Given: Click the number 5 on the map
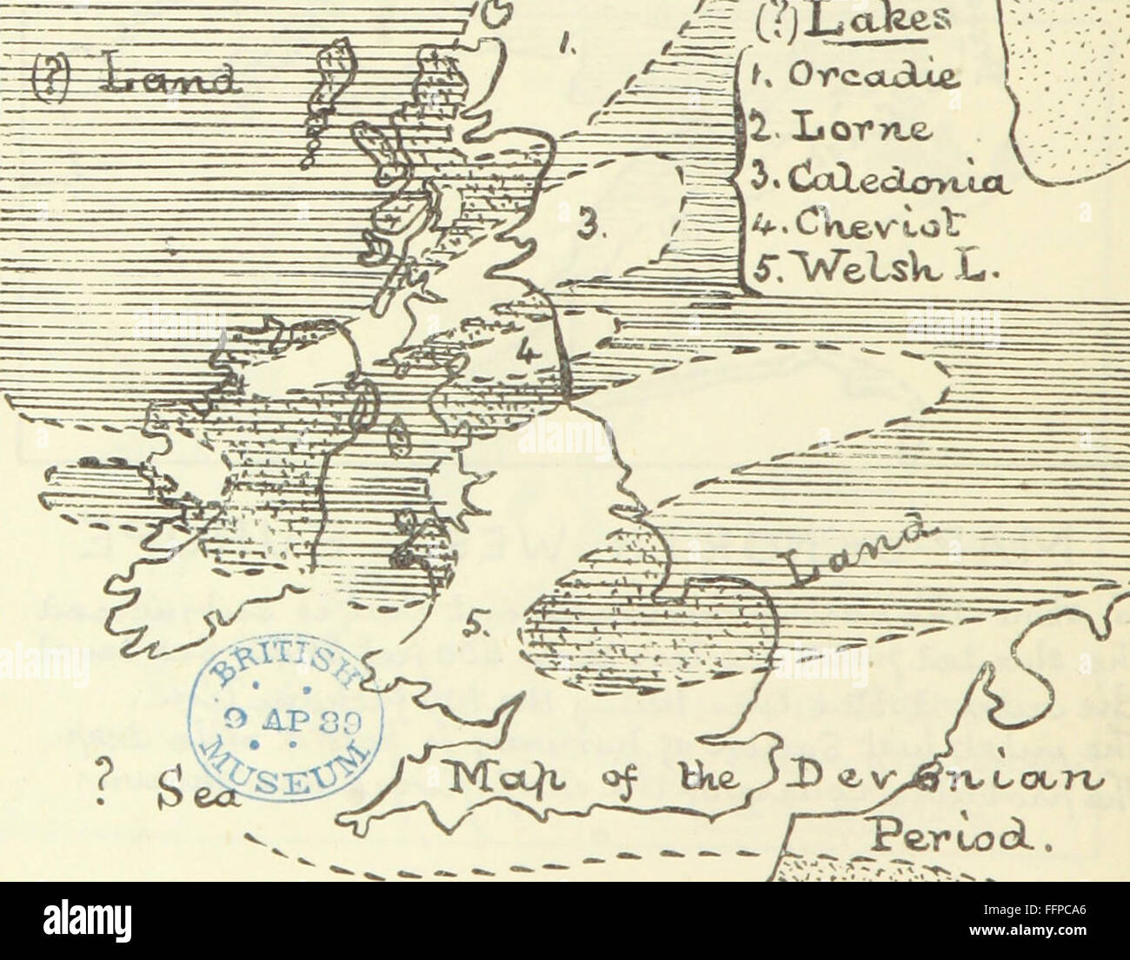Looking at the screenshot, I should click(481, 622).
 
